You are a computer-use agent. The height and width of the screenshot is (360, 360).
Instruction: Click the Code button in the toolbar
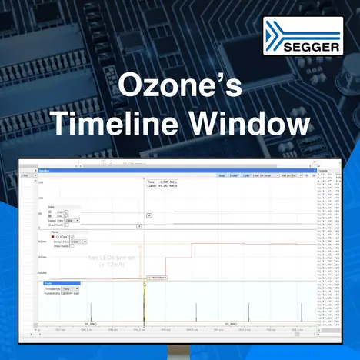coord(246,175)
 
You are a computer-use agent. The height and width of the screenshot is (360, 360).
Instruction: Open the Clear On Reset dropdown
coord(266,175)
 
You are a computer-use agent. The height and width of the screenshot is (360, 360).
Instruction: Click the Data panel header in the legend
coord(52,207)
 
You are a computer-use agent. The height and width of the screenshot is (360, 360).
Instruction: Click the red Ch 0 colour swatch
coord(52,236)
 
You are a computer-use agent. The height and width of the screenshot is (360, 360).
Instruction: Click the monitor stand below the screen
coord(180,351)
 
